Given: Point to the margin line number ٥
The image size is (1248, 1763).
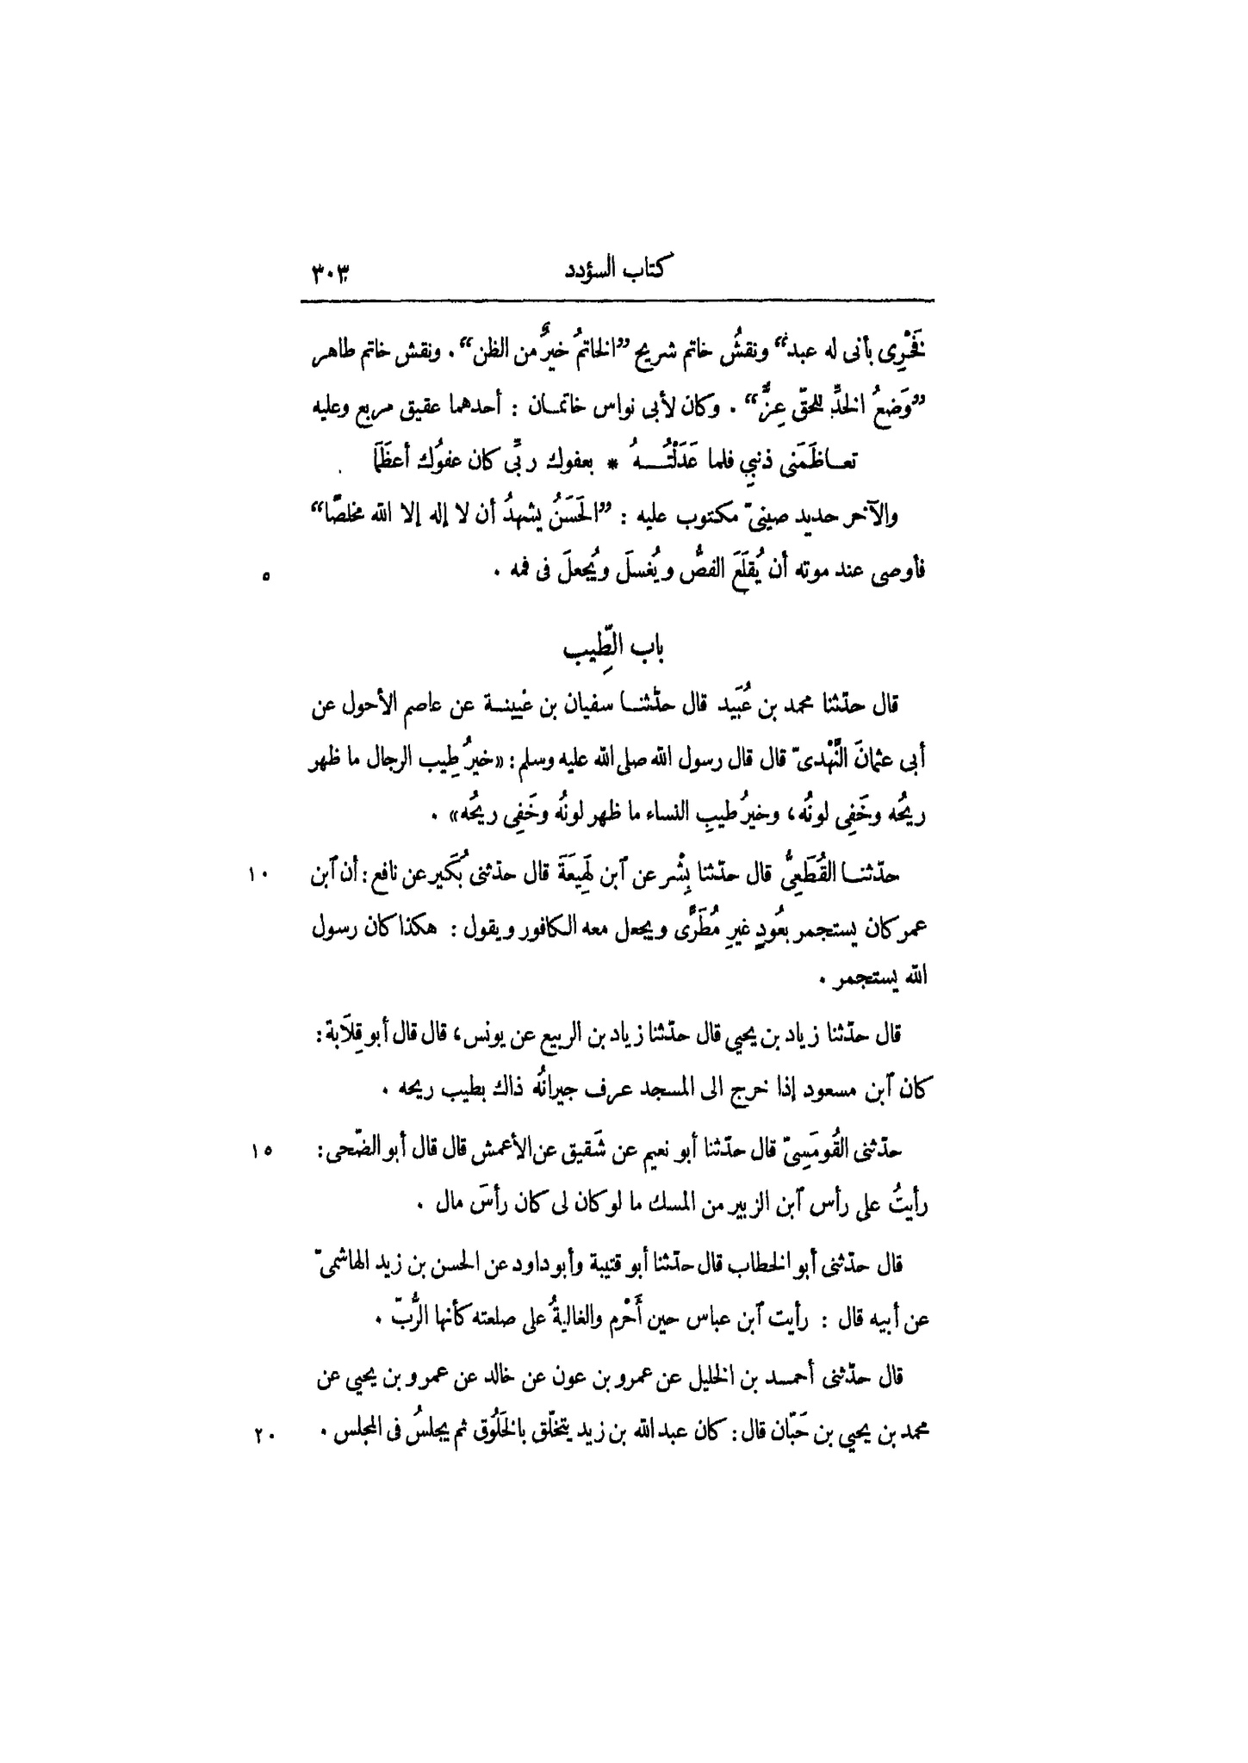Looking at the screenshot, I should [x=265, y=580].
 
